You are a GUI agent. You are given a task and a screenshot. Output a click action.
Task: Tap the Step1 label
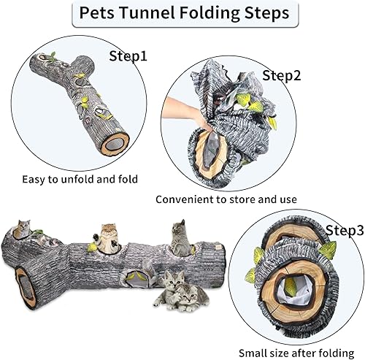tap(128, 55)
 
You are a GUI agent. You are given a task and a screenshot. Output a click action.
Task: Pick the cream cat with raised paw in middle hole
tap(109, 237)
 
